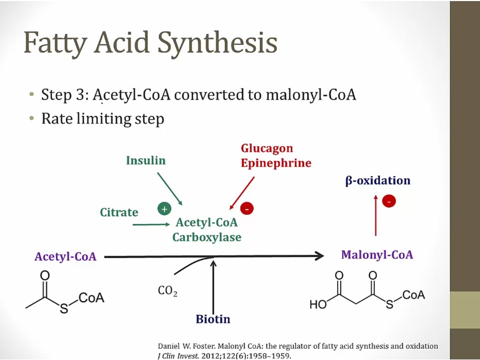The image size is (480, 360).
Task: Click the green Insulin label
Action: click(x=146, y=161)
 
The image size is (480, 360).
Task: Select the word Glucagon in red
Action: click(x=267, y=148)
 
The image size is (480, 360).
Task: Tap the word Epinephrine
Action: click(x=275, y=163)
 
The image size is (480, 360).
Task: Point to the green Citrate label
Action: click(x=119, y=212)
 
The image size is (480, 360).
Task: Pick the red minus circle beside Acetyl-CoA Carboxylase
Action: click(x=247, y=209)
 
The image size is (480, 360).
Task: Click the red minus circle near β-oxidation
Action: click(x=389, y=201)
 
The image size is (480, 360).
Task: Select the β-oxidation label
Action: click(x=378, y=180)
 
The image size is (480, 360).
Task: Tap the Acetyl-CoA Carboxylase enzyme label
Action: click(x=207, y=230)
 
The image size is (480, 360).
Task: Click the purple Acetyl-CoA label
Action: click(x=66, y=257)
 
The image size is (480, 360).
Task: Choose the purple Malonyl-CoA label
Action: click(x=377, y=255)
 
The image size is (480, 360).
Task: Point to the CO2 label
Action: click(x=167, y=291)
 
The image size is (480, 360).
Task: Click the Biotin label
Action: click(x=213, y=319)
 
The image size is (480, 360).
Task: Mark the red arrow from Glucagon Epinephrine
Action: click(x=242, y=193)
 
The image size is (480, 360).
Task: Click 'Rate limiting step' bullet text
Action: click(x=102, y=118)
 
